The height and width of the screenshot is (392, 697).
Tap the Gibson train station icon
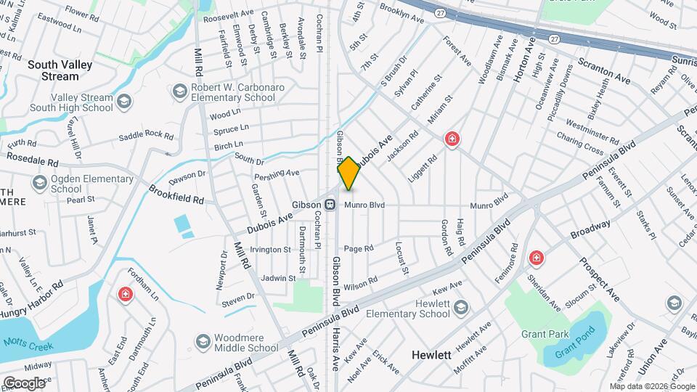(x=330, y=205)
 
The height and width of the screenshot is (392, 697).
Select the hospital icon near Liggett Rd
(x=452, y=139)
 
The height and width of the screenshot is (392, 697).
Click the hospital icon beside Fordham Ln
(x=126, y=294)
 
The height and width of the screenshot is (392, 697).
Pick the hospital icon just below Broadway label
(x=536, y=258)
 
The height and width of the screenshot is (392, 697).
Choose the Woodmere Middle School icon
(x=202, y=340)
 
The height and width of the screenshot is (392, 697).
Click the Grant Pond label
(x=570, y=354)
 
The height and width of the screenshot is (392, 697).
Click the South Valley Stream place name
(x=60, y=70)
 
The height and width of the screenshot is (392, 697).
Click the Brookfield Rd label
(x=176, y=194)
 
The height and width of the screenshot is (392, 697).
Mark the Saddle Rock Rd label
(x=146, y=136)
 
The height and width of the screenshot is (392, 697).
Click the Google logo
(x=24, y=383)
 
